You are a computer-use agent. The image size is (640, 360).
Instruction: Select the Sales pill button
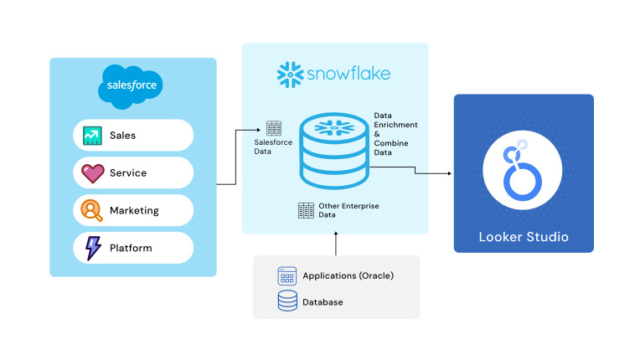point(133,135)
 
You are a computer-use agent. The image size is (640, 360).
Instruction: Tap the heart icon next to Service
point(92,173)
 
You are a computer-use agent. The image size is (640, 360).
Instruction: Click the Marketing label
point(134,211)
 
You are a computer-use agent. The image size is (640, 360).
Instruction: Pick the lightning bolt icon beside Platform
point(93,248)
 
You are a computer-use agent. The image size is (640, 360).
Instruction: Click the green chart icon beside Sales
point(92,135)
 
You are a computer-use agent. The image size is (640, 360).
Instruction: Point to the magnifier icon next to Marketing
point(92,210)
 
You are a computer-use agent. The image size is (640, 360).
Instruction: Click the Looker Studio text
point(524,237)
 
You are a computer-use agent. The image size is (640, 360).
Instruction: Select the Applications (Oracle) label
point(348,275)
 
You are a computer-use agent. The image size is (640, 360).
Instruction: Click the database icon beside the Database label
point(287,301)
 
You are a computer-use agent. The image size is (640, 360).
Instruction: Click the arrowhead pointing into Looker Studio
point(449,174)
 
